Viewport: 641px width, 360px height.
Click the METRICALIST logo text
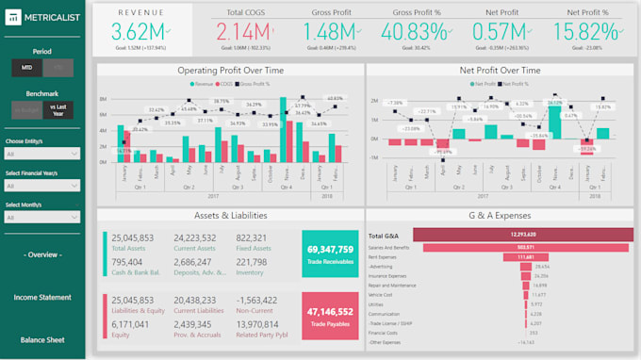(x=52, y=18)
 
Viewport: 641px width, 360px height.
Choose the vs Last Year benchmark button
(x=59, y=110)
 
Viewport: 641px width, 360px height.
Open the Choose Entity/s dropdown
(x=42, y=153)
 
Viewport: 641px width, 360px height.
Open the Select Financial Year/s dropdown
(x=42, y=185)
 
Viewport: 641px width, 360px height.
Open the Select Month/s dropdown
(x=42, y=217)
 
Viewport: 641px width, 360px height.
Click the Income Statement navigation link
(x=41, y=297)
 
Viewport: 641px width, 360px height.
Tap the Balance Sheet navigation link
(x=41, y=339)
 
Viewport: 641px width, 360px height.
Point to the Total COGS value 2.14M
(x=248, y=31)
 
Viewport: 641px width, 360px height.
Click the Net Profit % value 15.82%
(x=600, y=31)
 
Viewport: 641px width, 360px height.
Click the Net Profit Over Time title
(x=499, y=71)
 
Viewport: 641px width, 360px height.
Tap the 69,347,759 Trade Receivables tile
(x=330, y=254)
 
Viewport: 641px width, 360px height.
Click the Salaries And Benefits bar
(x=472, y=247)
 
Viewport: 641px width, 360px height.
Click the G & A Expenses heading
(x=499, y=216)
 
